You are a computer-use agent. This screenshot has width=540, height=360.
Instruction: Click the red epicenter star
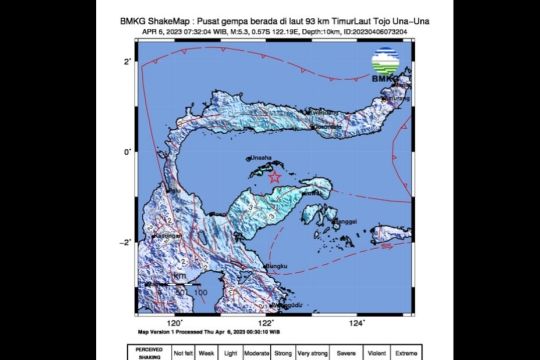coord(274,176)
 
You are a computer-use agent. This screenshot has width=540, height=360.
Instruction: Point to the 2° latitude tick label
coord(129,62)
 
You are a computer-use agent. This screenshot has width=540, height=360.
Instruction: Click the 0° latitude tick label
coord(129,152)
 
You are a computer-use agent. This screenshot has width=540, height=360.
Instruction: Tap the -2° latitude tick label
coord(127,243)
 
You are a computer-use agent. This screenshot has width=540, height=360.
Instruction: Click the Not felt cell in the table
coord(182,352)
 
